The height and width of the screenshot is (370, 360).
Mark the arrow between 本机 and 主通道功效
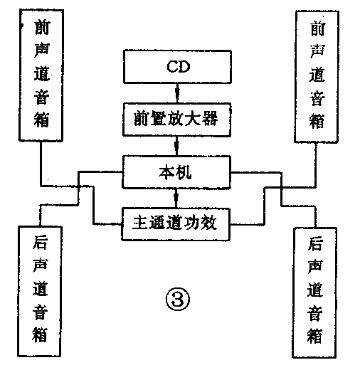pos(177,196)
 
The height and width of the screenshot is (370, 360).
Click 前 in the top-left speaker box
pos(41,28)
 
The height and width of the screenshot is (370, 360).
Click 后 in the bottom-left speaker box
pos(41,243)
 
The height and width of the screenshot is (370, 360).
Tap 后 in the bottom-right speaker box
pos(315,244)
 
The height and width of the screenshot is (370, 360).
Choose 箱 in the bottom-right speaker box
pos(315,334)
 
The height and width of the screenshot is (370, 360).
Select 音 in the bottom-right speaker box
pos(315,312)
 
